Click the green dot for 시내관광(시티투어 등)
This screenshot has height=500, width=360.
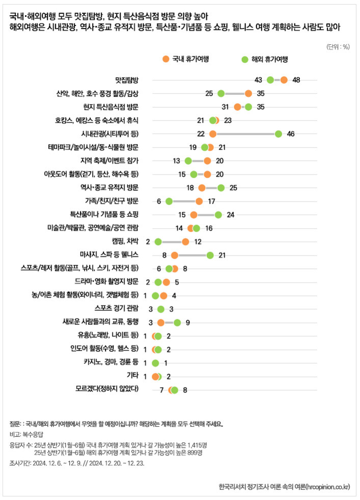click(278, 134)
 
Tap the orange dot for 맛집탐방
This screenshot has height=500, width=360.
click(284, 80)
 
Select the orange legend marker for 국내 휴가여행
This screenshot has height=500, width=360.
click(165, 59)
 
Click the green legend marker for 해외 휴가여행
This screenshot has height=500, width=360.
click(244, 59)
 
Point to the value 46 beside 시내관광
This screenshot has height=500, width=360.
click(291, 134)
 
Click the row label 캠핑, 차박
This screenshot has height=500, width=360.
click(125, 241)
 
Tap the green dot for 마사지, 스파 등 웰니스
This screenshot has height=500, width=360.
click(210, 255)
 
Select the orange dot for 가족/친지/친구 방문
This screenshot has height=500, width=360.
click(199, 201)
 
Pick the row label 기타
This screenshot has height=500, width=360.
click(132, 376)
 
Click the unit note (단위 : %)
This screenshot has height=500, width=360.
click(338, 46)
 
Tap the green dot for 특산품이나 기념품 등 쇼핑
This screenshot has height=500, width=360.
click(218, 214)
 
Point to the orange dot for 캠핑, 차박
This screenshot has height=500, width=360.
click(185, 241)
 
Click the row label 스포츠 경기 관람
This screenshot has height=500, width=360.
click(117, 309)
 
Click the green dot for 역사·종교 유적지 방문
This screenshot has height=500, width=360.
click(221, 188)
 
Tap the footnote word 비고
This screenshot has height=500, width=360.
click(15, 434)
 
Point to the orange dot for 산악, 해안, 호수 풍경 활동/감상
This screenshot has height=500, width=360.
click(248, 94)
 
